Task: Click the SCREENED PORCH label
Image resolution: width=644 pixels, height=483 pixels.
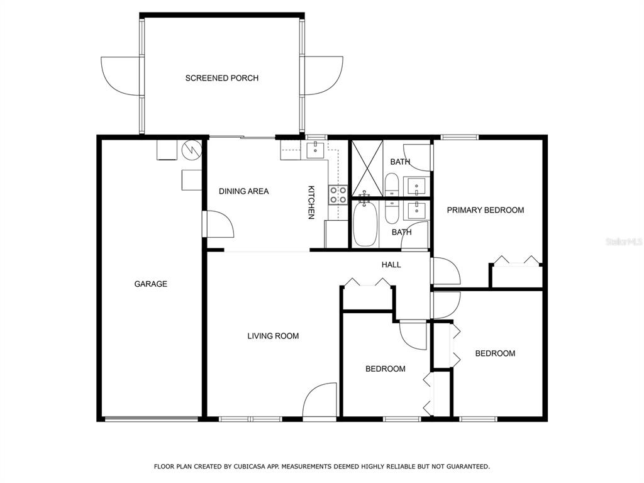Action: click(222, 78)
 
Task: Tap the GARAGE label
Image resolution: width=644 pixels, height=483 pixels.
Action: click(151, 284)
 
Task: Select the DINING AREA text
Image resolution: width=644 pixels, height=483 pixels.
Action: click(243, 191)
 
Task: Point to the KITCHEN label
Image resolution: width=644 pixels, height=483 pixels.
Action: click(311, 203)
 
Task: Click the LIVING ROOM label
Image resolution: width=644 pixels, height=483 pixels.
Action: click(273, 336)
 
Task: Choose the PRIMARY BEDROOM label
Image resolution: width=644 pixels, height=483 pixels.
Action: click(486, 210)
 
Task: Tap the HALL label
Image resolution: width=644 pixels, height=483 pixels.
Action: click(391, 265)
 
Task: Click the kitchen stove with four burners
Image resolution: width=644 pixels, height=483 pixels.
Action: click(338, 195)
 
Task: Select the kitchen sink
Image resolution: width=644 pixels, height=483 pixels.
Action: click(315, 150)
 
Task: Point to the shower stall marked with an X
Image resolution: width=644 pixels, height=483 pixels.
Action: click(367, 169)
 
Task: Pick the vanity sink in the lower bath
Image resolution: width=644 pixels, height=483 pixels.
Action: click(416, 209)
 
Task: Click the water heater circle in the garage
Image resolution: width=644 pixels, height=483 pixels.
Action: click(192, 150)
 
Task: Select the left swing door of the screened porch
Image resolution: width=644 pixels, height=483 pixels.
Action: click(121, 76)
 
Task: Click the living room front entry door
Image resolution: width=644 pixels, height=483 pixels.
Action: click(319, 401)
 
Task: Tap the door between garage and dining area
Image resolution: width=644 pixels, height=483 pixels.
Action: click(218, 224)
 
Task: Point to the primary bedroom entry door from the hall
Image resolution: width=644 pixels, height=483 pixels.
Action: click(446, 270)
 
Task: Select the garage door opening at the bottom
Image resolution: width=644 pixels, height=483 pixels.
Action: click(151, 419)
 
